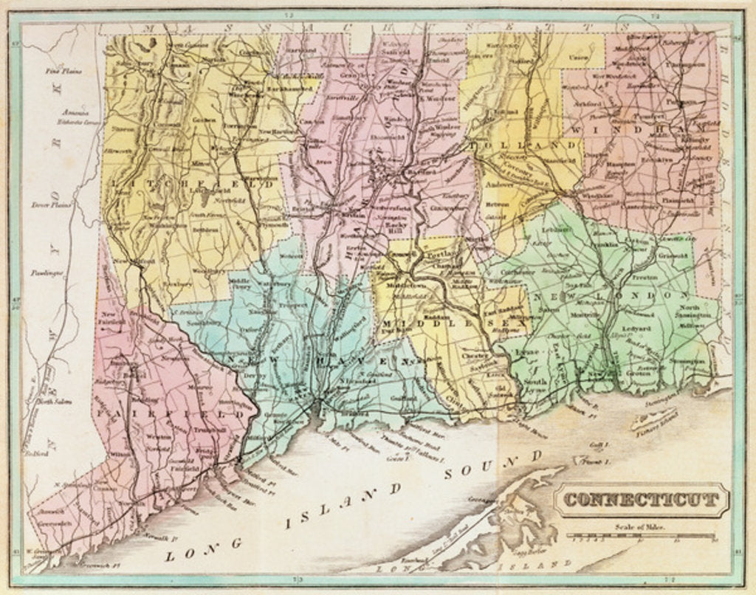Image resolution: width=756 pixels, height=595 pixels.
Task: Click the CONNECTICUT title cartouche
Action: [640, 501]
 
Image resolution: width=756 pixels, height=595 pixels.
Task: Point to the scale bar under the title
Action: [640, 537]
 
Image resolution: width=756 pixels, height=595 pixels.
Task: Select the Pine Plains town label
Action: [63, 72]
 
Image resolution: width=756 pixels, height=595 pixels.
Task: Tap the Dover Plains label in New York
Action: [51, 205]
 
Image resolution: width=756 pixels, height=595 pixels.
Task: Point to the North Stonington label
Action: [688, 311]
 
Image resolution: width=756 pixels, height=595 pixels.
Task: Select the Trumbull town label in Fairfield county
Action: [204, 430]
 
